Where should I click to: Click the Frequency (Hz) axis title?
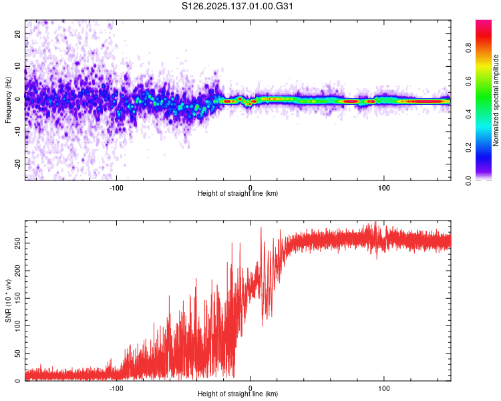coord(8,100)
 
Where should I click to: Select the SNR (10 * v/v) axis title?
coord(8,300)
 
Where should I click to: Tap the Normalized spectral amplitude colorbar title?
coord(496,100)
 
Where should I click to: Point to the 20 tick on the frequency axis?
coord(18,33)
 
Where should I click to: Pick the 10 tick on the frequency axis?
coord(18,65)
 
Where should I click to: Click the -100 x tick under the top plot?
coord(116,188)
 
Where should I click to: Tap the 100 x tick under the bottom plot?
coord(384,388)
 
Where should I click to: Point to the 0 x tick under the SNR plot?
coord(251,388)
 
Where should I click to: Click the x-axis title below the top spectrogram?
coord(238,194)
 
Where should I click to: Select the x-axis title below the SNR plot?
coord(238,394)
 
